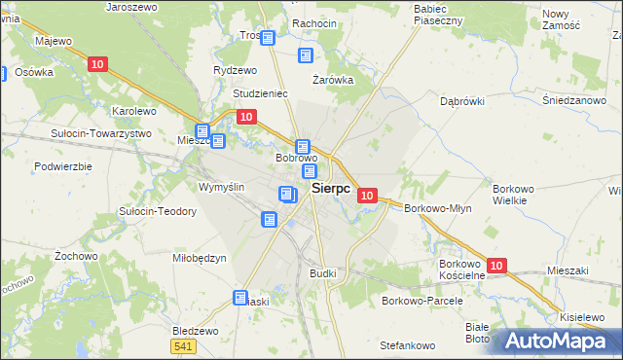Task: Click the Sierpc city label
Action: [331, 190]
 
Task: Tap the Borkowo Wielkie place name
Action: [510, 194]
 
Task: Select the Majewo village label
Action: [54, 42]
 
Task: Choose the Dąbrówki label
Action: [462, 100]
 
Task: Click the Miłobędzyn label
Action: [199, 258]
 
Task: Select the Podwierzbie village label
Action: [61, 166]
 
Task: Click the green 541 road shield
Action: [183, 346]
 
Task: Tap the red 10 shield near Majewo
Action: [95, 64]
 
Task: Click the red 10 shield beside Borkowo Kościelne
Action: [496, 266]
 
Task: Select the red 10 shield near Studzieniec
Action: [246, 117]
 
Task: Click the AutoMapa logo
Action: [555, 342]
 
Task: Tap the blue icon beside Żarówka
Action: [306, 56]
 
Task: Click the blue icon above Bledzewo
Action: [241, 298]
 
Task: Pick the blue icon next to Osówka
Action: [3, 73]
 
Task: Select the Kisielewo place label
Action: [585, 317]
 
